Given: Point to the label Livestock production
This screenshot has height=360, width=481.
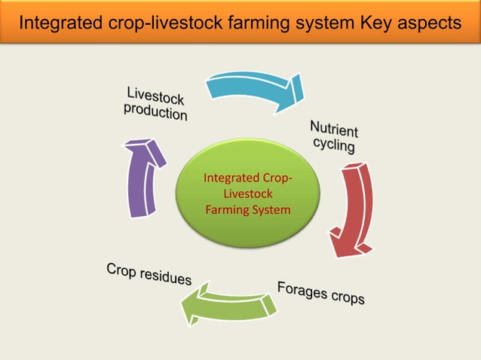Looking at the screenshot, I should coord(156,105).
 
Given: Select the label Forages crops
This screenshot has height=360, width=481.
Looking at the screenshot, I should coord(320,293).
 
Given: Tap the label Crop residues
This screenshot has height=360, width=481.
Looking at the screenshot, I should coord(149,273).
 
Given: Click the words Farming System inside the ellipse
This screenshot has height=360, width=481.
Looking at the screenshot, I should coord(247,210).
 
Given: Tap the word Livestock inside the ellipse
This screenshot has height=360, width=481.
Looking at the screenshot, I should coord(247,194).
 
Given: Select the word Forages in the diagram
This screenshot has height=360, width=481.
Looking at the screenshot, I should coord(302,289).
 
